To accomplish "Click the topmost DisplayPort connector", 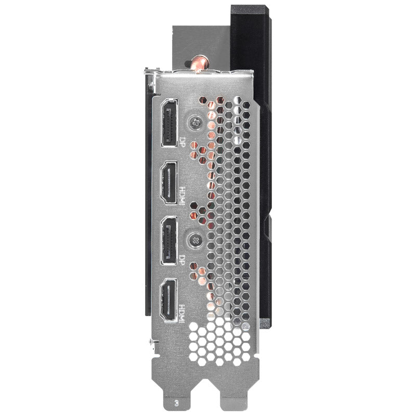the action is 170,122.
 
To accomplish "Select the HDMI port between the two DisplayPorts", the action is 168,183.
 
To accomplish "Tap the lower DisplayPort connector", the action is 169,241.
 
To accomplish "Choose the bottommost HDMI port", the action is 168,301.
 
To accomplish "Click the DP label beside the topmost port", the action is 182,141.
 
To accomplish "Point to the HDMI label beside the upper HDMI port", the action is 182,196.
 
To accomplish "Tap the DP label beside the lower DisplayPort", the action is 182,259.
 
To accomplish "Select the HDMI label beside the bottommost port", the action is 182,314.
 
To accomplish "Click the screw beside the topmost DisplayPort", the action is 196,123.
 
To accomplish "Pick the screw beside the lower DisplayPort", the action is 196,240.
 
